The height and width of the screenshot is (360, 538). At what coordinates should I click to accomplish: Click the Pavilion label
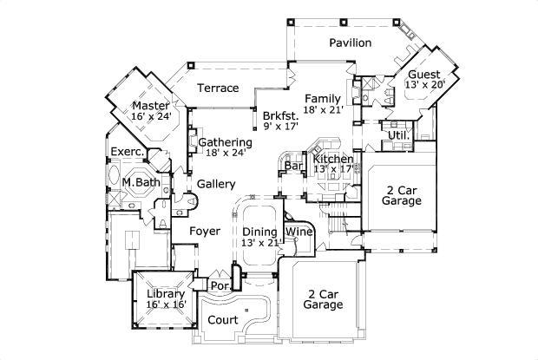(351, 43)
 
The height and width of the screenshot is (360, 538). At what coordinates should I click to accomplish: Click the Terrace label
(218, 88)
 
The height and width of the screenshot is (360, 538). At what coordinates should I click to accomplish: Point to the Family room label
(322, 98)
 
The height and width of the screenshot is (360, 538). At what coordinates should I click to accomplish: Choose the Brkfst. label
(281, 115)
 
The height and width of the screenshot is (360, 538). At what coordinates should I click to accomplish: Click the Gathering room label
(225, 141)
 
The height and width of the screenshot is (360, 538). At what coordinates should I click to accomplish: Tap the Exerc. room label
(127, 151)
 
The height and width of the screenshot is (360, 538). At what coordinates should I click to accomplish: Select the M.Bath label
(140, 182)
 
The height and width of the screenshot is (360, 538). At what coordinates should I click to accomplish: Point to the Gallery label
(216, 184)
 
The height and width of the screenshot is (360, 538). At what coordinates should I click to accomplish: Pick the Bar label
(292, 165)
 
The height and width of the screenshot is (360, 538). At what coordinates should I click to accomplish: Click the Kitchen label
(333, 159)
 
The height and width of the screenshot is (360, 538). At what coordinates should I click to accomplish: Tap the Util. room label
(398, 136)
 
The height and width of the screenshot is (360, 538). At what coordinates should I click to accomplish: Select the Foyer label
(200, 231)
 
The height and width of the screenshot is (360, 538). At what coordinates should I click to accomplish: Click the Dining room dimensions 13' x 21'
(262, 243)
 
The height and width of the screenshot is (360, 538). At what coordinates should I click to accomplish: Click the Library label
(165, 294)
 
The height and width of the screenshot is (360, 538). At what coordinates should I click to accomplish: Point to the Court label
(223, 320)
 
